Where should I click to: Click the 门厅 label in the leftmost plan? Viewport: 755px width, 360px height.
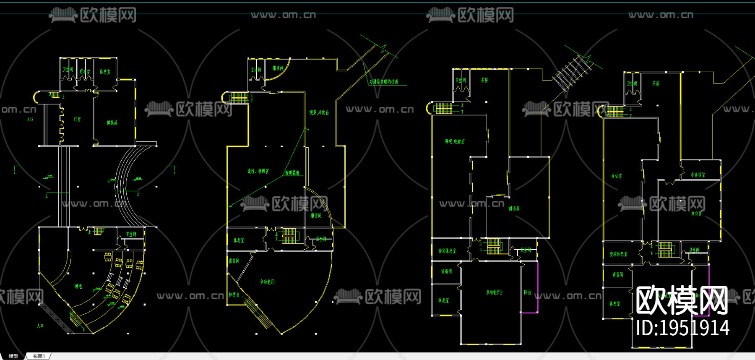77,120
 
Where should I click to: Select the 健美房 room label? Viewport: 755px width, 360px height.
112,123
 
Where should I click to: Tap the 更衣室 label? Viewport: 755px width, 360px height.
85,72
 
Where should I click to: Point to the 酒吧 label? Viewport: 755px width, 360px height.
78,286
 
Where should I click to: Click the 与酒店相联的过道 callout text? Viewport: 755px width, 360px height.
384,82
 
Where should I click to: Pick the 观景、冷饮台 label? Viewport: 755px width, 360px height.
319,113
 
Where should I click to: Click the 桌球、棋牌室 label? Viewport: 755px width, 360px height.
258,171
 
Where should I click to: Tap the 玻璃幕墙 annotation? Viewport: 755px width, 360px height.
292,173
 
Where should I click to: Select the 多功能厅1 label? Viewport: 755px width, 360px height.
268,282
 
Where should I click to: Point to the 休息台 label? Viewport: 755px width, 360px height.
234,295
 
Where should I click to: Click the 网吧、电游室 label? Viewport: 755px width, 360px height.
455,142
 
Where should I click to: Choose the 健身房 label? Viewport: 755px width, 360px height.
514,209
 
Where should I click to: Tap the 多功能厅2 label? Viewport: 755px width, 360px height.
494,292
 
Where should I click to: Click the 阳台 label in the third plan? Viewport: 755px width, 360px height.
528,292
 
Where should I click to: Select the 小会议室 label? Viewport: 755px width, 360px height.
698,175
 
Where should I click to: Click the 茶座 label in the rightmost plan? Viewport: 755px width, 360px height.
656,83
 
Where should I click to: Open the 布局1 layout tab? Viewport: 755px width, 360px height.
39,356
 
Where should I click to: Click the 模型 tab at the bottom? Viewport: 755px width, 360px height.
13,356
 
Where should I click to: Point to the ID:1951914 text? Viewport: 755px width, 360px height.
682,328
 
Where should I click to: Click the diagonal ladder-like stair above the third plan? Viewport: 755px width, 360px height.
572,72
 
